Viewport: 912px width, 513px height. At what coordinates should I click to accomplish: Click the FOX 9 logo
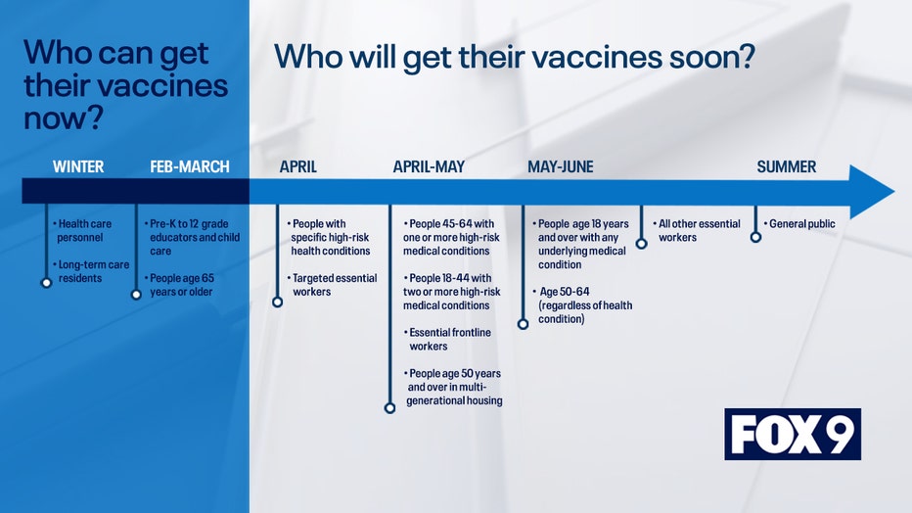tap(793, 434)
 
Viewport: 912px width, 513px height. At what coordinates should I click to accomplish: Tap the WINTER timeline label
tap(78, 167)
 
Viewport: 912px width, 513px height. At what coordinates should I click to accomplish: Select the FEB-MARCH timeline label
tap(190, 167)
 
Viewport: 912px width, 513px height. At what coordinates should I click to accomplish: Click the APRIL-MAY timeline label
tap(429, 167)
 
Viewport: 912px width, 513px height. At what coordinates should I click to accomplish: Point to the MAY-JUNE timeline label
tap(560, 167)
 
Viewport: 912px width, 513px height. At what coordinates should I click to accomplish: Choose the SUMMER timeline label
tap(787, 167)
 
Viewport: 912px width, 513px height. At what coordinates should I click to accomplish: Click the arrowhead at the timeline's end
tap(871, 192)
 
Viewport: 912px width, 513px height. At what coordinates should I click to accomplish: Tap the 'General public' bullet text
tap(799, 224)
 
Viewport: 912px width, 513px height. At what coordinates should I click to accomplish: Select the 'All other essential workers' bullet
tap(696, 230)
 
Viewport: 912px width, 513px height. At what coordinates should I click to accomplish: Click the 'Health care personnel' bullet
tap(82, 230)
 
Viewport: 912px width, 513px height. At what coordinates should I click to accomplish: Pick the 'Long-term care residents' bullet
tap(91, 271)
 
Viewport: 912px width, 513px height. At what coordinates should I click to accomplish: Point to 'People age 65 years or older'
tap(179, 285)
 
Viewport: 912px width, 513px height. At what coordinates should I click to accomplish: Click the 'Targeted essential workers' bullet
tap(332, 285)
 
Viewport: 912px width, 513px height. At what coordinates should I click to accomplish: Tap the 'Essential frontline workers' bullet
tap(447, 339)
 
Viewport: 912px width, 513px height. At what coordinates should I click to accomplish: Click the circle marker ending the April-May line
tap(389, 408)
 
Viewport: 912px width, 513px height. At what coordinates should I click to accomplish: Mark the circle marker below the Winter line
tap(47, 283)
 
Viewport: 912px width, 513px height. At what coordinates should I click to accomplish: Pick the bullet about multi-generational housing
tap(452, 387)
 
